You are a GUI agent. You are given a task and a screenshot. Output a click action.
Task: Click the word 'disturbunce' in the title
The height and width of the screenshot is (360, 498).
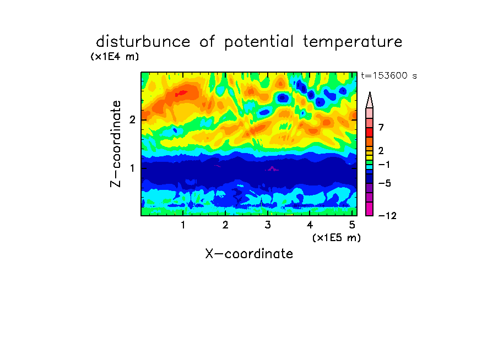pos(143,42)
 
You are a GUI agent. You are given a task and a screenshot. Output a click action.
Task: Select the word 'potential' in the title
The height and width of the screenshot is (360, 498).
pos(259,42)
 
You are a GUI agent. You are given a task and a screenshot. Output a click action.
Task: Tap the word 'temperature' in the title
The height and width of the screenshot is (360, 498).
pos(353,42)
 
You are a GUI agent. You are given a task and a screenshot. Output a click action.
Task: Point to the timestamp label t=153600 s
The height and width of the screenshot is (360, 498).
pos(389,75)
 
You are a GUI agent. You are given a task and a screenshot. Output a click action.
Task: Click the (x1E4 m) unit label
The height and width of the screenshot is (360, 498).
pos(115,57)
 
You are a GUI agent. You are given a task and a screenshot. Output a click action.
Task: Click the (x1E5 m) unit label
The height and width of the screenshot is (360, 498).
pos(337,237)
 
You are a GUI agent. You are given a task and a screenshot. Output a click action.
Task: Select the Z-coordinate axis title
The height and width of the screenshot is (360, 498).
pos(116,144)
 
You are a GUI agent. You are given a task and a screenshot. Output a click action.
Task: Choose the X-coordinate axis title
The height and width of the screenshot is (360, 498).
pos(249,254)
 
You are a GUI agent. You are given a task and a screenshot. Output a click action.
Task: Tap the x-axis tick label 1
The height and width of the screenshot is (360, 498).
pos(183,225)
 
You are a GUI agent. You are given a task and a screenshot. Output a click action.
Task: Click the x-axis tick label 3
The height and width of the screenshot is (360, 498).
pos(268,225)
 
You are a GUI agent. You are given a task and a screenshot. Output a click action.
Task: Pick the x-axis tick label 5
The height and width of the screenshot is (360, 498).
pos(352,225)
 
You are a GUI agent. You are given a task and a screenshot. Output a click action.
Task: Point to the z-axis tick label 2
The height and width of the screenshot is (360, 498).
pos(132,120)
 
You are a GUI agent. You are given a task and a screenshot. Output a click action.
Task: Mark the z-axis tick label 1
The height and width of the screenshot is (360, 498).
pos(132,168)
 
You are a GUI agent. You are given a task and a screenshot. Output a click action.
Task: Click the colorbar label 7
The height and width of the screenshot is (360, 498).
pos(381,127)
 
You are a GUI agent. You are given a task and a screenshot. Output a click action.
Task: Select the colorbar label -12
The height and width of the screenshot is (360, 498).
pos(387,216)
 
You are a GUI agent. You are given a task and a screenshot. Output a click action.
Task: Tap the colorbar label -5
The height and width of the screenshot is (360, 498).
pos(385,183)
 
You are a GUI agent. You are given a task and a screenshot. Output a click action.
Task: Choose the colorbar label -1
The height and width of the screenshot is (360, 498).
pos(384,165)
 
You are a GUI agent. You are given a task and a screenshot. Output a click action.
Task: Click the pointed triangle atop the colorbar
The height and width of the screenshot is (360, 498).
pos(370,100)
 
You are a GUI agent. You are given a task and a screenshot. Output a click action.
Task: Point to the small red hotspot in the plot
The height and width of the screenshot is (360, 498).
pos(182,93)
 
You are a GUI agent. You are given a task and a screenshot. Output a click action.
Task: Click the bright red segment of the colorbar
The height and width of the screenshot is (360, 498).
pos(370,132)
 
